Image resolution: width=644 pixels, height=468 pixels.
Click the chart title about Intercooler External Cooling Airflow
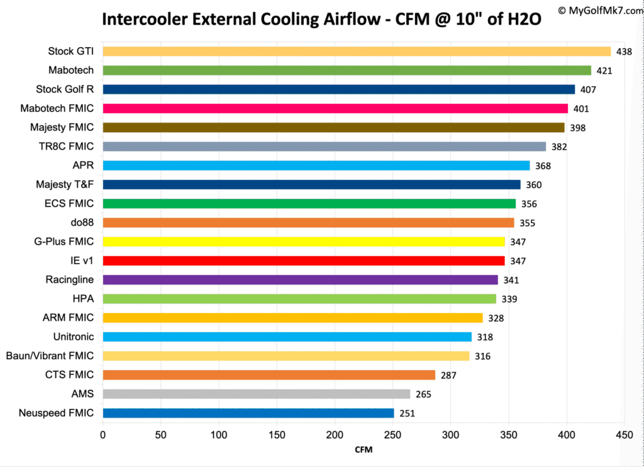pos(321,19)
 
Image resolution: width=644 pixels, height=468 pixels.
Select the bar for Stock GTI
pos(357,52)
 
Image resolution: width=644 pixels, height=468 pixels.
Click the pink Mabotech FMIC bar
pos(335,109)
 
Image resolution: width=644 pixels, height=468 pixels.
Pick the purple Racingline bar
pos(300,280)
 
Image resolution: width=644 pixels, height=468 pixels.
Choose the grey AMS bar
pos(256,394)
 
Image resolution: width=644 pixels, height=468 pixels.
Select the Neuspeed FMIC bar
pos(248,413)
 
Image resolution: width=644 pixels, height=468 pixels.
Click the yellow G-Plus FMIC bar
pos(304,242)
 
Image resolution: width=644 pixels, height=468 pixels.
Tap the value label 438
pos(624,52)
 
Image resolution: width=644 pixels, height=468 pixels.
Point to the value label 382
pos(559,147)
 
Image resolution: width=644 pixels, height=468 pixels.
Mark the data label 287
pos(448,375)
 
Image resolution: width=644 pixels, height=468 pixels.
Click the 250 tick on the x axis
pos(393,434)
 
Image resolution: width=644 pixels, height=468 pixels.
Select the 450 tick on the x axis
pos(625,434)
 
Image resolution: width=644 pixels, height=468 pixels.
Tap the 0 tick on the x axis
pos(103,434)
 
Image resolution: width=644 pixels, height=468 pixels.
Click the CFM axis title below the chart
pos(364,450)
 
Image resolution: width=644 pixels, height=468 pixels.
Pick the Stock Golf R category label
pos(65,89)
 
